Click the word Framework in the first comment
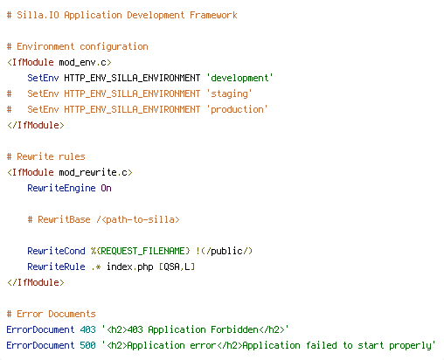pyautogui.click(x=213, y=15)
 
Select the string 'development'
pyautogui.click(x=239, y=78)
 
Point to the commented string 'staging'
pyautogui.click(x=229, y=93)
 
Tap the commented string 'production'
pyautogui.click(x=237, y=109)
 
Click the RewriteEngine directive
pyautogui.click(x=61, y=188)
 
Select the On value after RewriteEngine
pyautogui.click(x=106, y=188)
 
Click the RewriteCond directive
pyautogui.click(x=56, y=251)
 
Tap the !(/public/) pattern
pyautogui.click(x=224, y=251)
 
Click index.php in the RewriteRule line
pyautogui.click(x=129, y=267)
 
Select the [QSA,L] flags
pyautogui.click(x=177, y=267)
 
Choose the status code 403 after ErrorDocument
pyautogui.click(x=87, y=329)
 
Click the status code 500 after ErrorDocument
pyautogui.click(x=87, y=345)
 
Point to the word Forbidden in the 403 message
pyautogui.click(x=234, y=329)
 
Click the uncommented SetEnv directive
pyautogui.click(x=43, y=78)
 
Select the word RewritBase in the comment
pyautogui.click(x=64, y=219)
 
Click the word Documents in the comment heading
pyautogui.click(x=72, y=314)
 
